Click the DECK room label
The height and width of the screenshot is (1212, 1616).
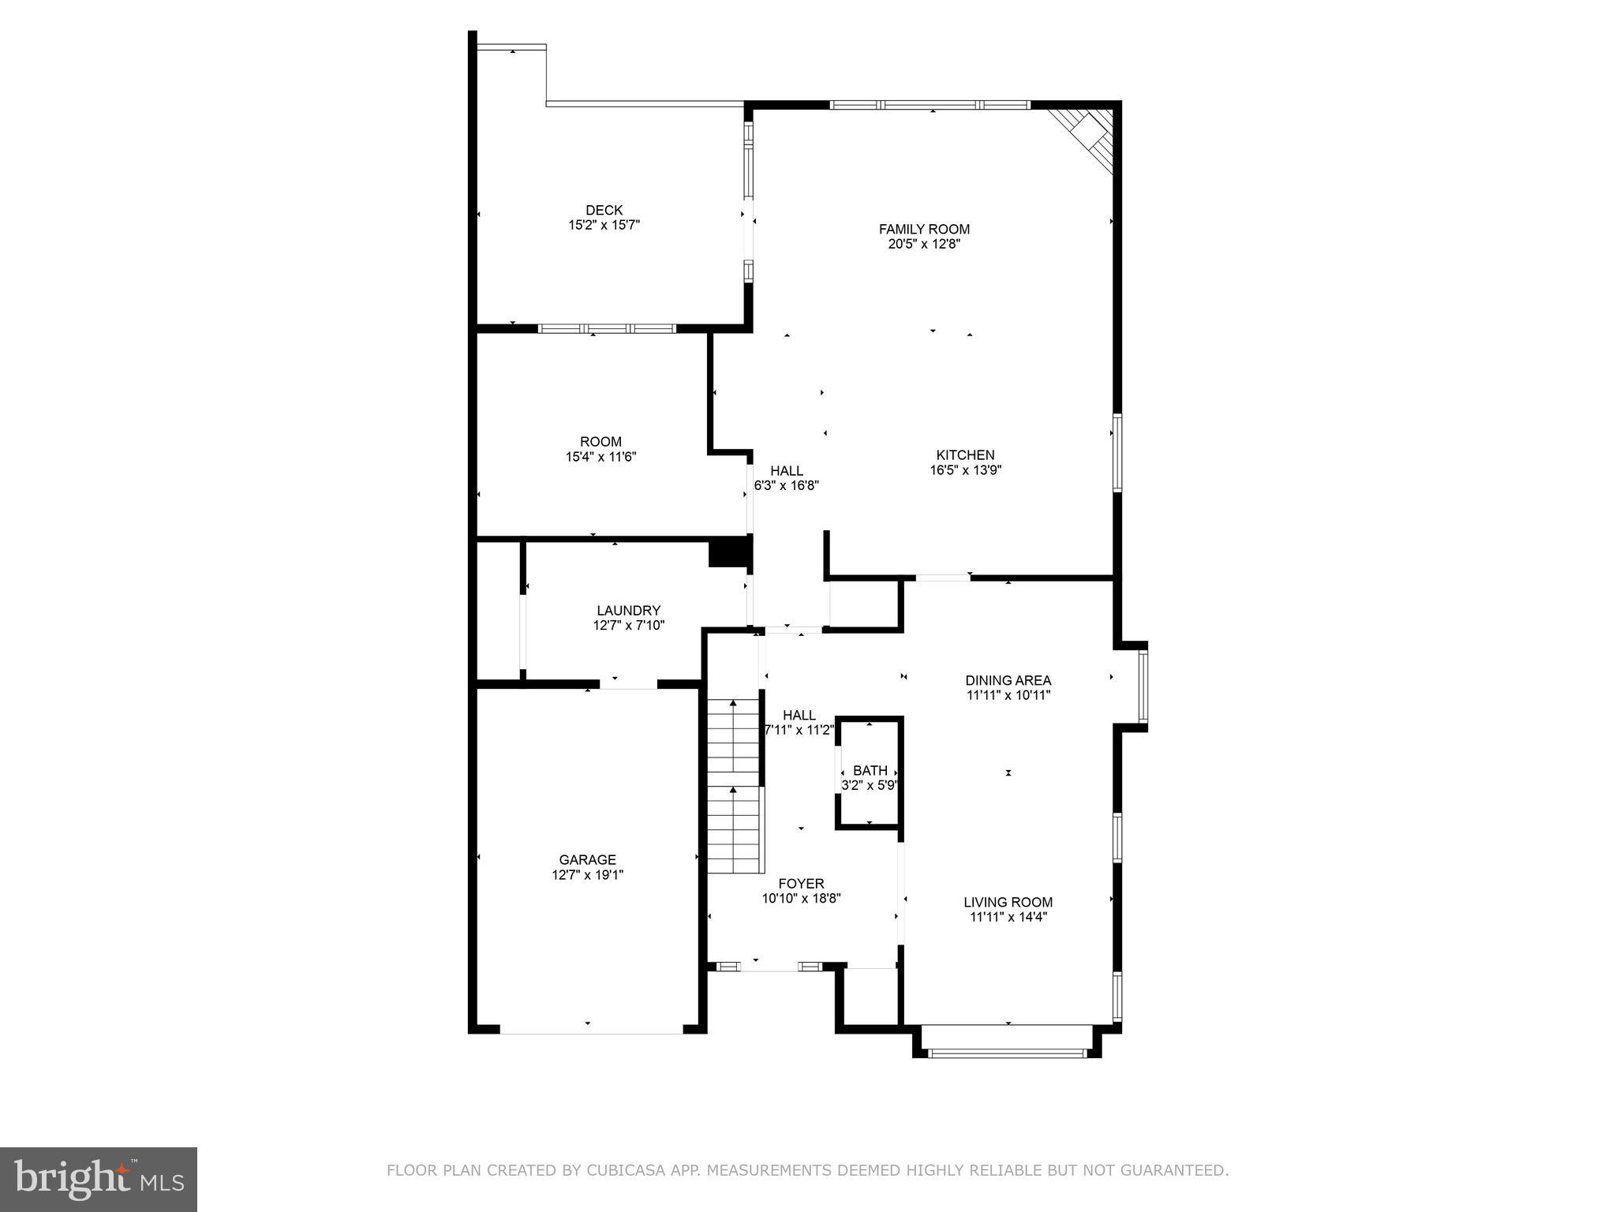point(604,210)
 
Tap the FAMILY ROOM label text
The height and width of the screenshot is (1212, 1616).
point(924,229)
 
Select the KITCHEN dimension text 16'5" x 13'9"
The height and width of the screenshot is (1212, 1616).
point(965,470)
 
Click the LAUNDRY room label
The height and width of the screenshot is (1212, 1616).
point(628,610)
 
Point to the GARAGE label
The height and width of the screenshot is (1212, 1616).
point(587,859)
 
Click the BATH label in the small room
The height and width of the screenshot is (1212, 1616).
point(870,770)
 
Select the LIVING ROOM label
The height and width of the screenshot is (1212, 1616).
point(1008,902)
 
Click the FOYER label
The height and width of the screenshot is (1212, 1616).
point(801,884)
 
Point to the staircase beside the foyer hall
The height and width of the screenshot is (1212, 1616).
point(734,786)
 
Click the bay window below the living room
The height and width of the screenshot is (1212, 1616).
point(1007,1052)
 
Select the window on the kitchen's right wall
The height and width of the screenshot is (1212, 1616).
point(1117,453)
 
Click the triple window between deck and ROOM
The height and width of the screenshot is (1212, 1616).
point(607,328)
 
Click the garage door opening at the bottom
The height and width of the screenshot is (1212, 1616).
point(591,1030)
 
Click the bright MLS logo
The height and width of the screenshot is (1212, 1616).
point(99,1180)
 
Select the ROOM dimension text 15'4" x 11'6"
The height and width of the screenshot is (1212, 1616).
point(600,456)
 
